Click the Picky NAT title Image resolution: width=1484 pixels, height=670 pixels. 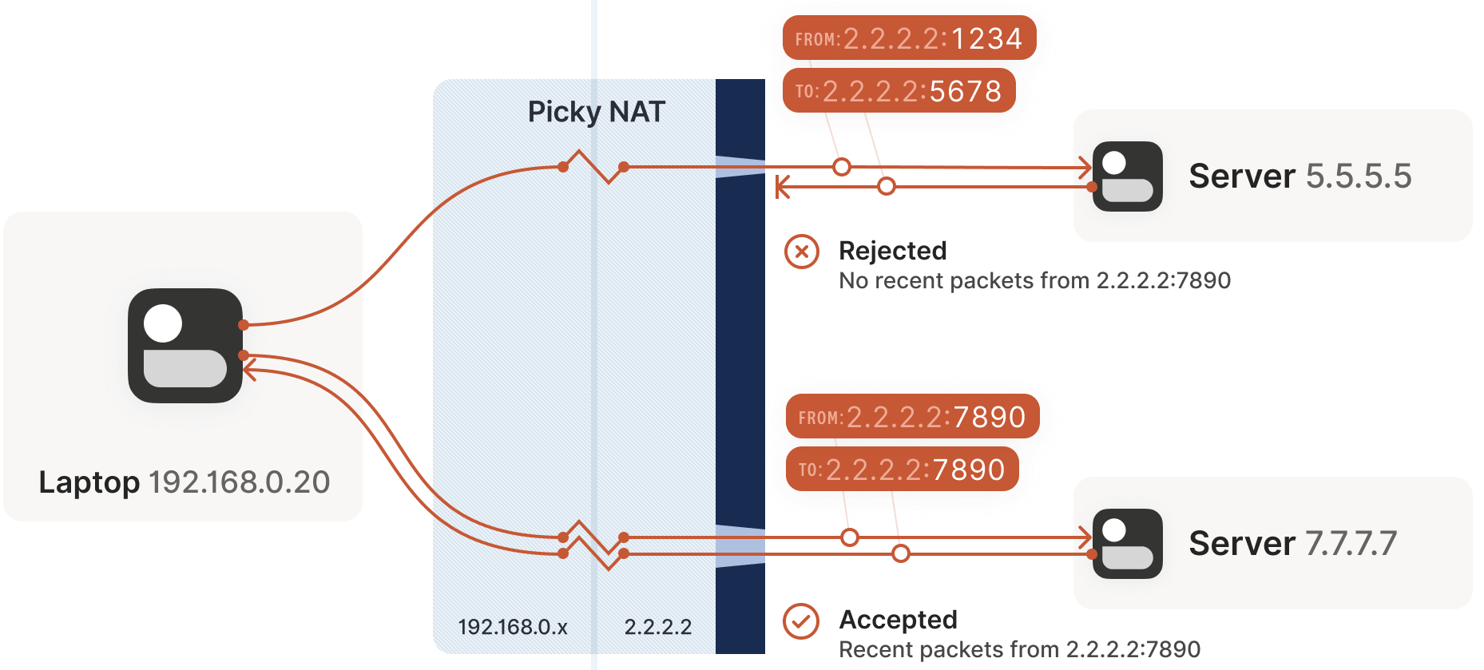click(x=596, y=112)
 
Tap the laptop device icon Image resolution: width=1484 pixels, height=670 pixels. click(x=185, y=346)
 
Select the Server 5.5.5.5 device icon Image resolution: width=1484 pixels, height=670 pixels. click(x=1127, y=176)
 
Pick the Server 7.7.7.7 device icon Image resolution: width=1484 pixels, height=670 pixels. click(x=1127, y=544)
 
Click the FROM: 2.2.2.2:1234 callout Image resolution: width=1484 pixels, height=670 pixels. click(x=909, y=38)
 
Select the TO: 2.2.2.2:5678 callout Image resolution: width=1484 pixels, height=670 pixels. click(x=899, y=91)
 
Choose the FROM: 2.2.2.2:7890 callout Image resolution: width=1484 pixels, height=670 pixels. click(x=912, y=417)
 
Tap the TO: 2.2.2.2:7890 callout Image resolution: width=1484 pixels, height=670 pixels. click(x=902, y=470)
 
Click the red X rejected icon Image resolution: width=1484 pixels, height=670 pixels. click(x=802, y=252)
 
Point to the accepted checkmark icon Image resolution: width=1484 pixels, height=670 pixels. click(x=801, y=621)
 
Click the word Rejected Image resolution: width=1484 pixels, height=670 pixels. click(x=892, y=251)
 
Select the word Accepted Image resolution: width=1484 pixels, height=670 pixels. click(x=898, y=620)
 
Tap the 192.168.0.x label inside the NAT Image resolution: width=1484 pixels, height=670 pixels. click(x=513, y=627)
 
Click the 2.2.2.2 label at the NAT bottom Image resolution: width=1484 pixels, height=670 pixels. click(x=658, y=627)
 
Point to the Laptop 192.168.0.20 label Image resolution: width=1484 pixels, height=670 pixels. click(x=185, y=482)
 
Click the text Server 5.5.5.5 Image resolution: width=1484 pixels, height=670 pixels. click(x=1299, y=176)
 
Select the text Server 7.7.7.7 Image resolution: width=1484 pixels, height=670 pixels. click(x=1292, y=543)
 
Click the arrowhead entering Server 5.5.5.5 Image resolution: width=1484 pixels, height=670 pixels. click(x=1085, y=168)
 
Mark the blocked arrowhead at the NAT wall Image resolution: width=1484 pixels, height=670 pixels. click(x=782, y=188)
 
